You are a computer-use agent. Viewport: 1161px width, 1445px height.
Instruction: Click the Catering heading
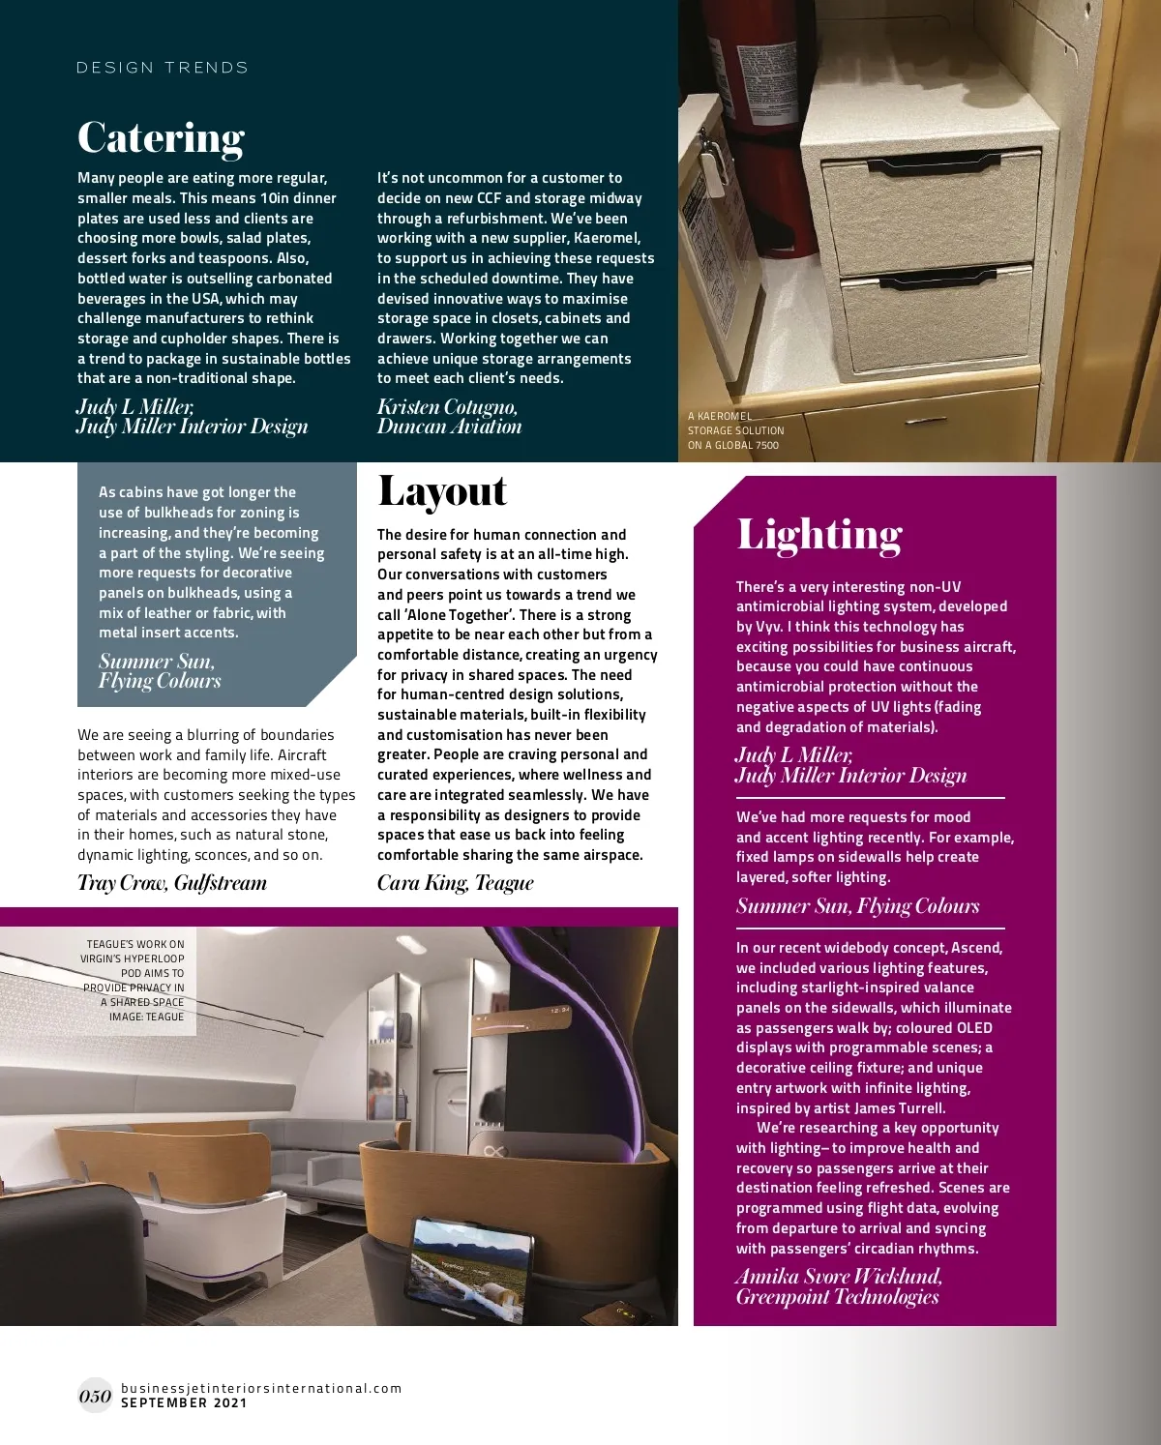tap(161, 137)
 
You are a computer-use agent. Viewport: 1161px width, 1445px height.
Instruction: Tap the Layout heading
tap(441, 491)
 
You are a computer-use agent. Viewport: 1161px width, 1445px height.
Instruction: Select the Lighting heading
tap(819, 534)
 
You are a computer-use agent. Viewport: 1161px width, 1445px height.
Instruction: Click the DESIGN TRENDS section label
tap(163, 68)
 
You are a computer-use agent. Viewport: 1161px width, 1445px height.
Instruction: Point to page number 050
tap(95, 1396)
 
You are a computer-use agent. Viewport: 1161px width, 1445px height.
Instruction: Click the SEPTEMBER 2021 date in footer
tap(184, 1402)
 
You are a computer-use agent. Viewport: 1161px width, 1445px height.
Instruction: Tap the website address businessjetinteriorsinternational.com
tap(261, 1388)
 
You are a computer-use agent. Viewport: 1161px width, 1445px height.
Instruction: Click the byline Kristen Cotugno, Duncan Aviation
tap(449, 417)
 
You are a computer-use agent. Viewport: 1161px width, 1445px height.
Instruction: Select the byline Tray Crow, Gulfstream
tap(172, 883)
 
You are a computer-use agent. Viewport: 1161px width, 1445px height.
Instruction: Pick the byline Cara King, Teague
tap(455, 883)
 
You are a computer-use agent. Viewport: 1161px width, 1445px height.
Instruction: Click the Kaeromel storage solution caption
tap(735, 430)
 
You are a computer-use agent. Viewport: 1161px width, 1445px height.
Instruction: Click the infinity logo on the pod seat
tap(496, 1150)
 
